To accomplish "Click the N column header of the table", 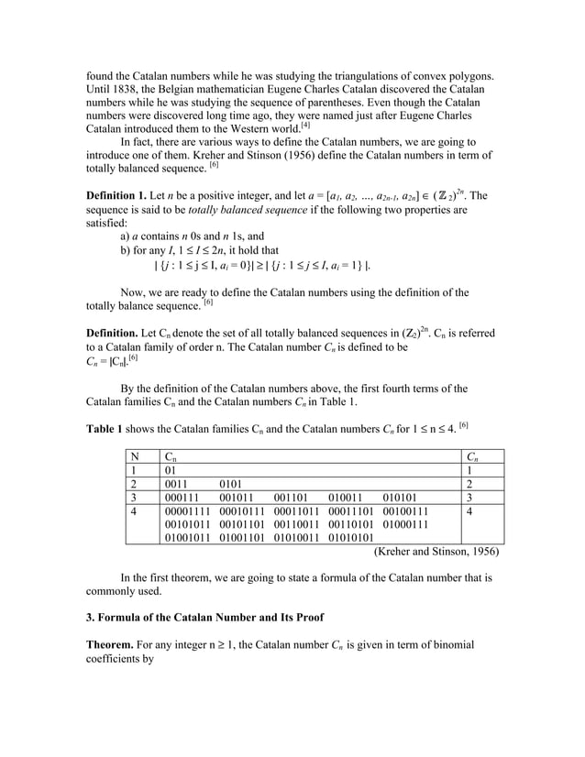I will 135,455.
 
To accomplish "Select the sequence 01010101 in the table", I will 350,537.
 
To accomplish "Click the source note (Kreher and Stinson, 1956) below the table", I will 436,552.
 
